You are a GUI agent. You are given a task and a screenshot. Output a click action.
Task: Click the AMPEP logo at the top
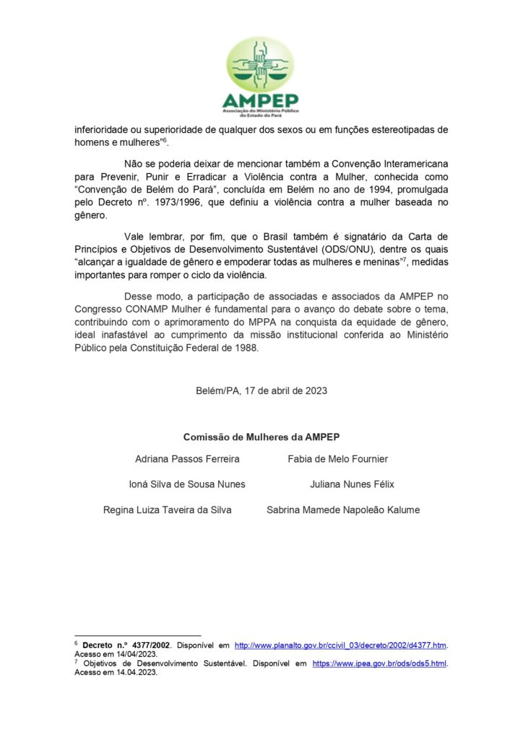pos(261,74)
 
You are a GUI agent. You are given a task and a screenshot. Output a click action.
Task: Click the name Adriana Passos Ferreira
pos(187,459)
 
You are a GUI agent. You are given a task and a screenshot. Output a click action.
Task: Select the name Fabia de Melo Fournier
pos(337,459)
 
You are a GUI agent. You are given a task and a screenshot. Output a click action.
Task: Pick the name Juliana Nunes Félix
pos(352,484)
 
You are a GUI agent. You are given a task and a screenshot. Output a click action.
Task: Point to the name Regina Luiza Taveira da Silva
pos(168,510)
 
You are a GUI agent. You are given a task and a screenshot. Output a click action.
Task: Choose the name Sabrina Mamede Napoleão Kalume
pos(342,510)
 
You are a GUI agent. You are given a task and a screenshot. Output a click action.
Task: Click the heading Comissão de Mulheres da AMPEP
pos(261,437)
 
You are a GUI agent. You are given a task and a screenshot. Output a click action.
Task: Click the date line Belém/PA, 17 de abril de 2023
pos(261,390)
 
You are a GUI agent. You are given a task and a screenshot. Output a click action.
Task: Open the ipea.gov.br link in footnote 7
pos(379,663)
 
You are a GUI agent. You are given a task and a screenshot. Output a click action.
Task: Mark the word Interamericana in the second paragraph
pos(415,164)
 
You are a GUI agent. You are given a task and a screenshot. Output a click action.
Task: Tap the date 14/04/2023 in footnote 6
pos(137,654)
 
